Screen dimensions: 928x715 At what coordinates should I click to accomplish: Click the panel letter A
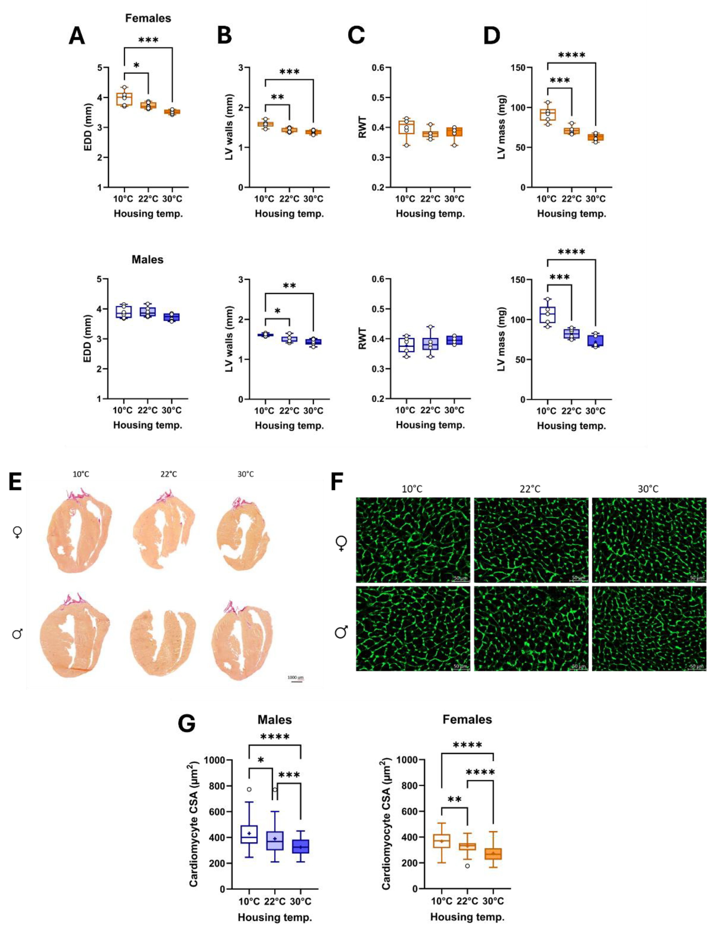point(77,36)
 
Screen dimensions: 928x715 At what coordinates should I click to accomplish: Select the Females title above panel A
point(148,18)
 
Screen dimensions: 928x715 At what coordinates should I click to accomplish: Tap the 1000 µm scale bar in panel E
point(296,681)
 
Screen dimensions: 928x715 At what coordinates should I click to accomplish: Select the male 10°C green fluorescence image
point(413,629)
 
